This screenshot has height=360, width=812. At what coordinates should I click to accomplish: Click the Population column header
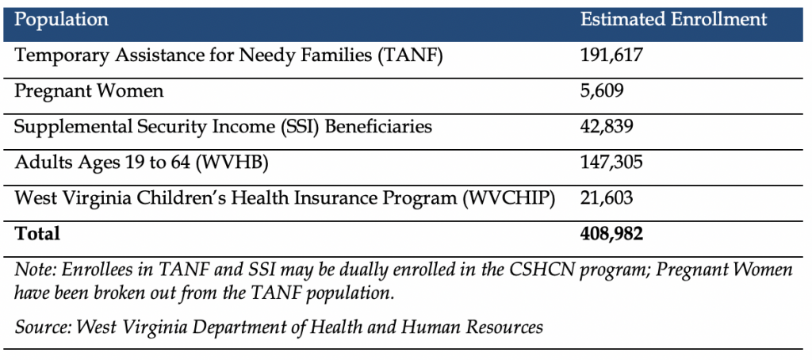click(61, 20)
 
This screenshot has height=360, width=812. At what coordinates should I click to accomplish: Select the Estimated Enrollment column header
click(673, 19)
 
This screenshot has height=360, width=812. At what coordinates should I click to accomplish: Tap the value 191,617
click(611, 56)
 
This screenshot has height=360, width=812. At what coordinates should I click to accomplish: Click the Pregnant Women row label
click(89, 90)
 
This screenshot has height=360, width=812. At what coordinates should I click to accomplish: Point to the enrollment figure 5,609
click(602, 91)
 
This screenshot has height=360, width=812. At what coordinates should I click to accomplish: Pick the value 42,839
click(607, 127)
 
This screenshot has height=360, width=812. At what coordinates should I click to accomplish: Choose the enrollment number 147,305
click(611, 162)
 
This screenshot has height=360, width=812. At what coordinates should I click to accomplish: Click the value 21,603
click(607, 198)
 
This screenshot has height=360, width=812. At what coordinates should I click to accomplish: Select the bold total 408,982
click(611, 234)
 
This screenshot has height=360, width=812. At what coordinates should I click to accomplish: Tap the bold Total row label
click(36, 233)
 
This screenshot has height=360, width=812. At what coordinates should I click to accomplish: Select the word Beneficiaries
click(381, 127)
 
